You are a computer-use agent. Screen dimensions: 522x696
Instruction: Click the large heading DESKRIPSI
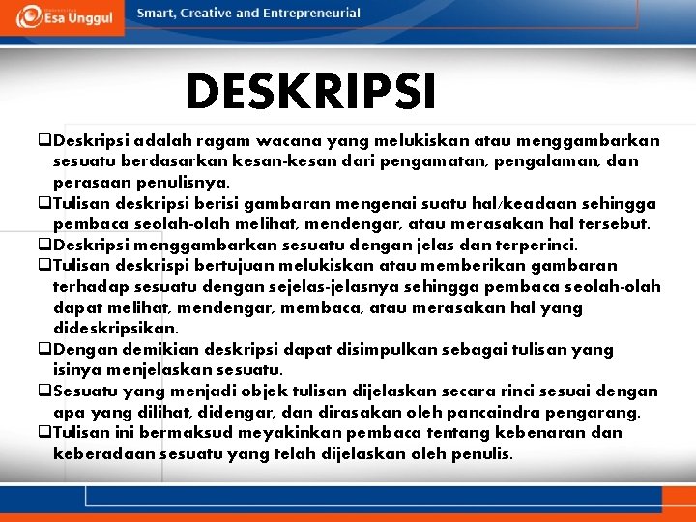point(310,93)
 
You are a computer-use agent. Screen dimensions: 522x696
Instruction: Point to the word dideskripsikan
point(116,329)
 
